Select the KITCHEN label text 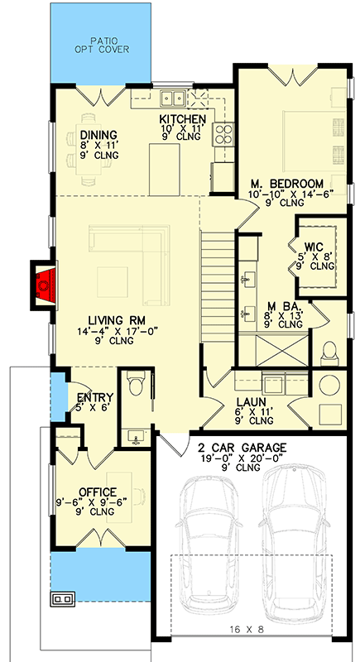182,119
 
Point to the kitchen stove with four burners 224,134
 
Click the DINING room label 98,135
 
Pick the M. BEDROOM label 286,183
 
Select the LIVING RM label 118,320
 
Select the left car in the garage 211,546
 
